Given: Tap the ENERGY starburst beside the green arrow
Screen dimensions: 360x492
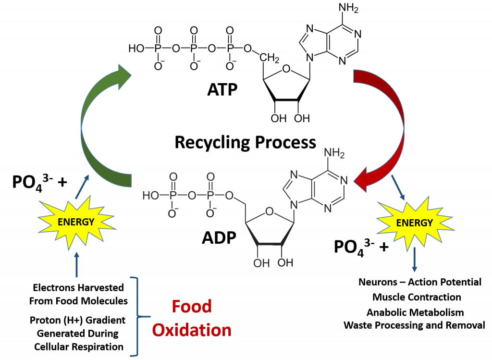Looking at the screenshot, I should (76, 222).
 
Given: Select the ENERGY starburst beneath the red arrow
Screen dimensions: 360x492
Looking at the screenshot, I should (414, 223).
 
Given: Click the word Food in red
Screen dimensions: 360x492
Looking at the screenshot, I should (192, 307).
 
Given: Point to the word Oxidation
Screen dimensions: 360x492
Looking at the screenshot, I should (192, 330).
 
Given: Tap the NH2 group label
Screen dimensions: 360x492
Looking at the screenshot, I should (334, 153).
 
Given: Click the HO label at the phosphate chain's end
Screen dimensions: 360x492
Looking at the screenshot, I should (150, 196).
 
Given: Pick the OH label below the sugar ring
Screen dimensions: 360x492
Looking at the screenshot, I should (261, 263).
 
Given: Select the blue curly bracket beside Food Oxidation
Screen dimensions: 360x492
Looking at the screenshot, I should (137, 317).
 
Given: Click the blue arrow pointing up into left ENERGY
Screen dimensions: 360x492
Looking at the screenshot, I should (76, 265).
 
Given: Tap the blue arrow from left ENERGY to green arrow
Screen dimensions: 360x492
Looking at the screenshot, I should (82, 186).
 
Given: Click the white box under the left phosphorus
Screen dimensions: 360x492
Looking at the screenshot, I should (173, 214).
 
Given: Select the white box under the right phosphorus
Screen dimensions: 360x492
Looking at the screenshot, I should (210, 214).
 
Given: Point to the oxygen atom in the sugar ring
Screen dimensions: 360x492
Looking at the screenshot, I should (270, 211).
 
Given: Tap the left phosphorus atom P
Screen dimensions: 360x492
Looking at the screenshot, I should (173, 196).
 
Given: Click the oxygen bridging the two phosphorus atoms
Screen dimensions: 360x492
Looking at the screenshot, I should (192, 196).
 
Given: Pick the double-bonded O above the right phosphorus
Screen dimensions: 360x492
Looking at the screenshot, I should (210, 177).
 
